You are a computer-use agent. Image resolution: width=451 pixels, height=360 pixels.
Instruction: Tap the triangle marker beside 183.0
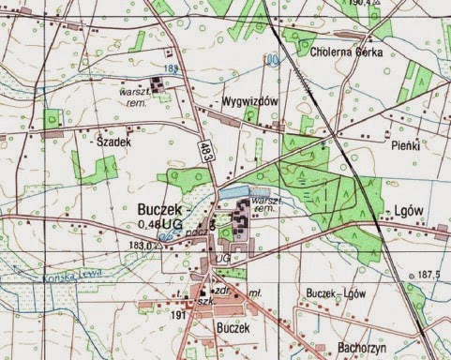coord(160,247)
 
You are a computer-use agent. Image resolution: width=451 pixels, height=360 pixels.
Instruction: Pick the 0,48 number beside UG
coord(147,226)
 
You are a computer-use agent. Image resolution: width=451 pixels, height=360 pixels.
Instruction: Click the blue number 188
coord(169,68)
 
